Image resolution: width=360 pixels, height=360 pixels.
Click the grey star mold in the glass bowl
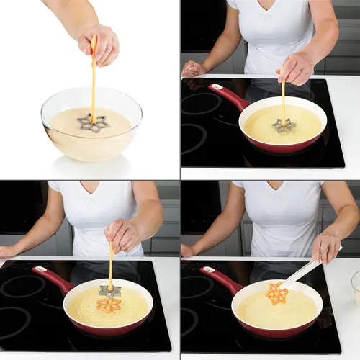pos(94,123)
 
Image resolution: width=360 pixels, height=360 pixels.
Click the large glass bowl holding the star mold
pos(91,133)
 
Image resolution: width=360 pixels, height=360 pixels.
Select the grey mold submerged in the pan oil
pos(284,125)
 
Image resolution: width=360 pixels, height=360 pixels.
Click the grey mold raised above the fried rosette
pos(109,290)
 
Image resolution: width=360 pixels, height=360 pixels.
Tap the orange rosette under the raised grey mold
pos(109,305)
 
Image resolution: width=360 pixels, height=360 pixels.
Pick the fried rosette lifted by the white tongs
pos(276,293)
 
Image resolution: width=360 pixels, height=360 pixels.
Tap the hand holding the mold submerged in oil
pos(297,68)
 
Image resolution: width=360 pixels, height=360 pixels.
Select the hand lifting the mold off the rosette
pos(123,235)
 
